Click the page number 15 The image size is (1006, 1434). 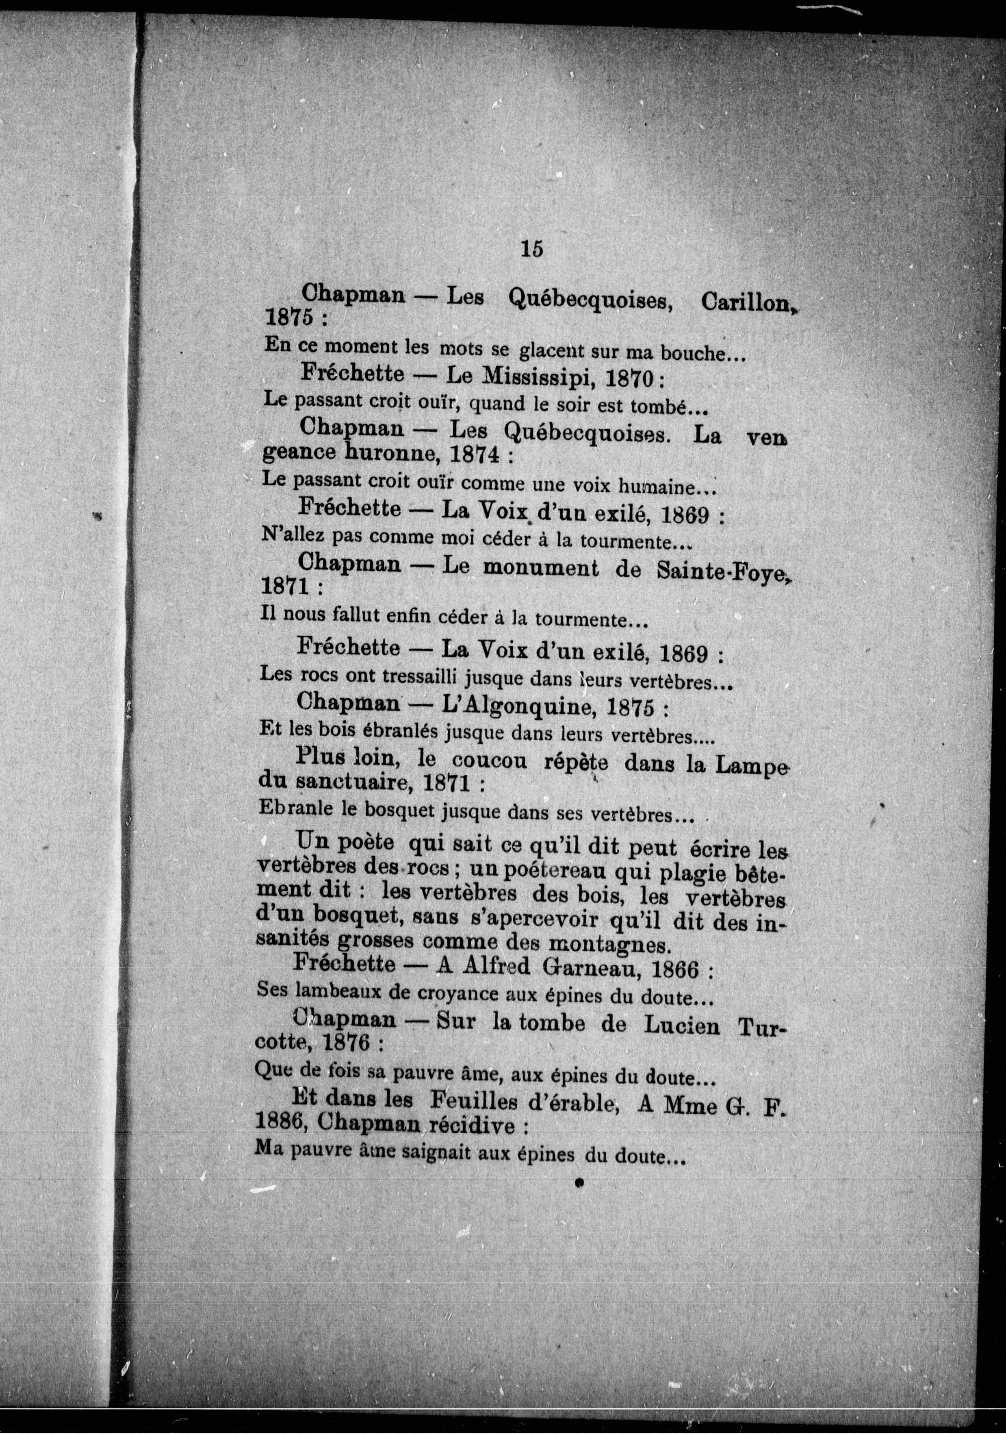531,249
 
